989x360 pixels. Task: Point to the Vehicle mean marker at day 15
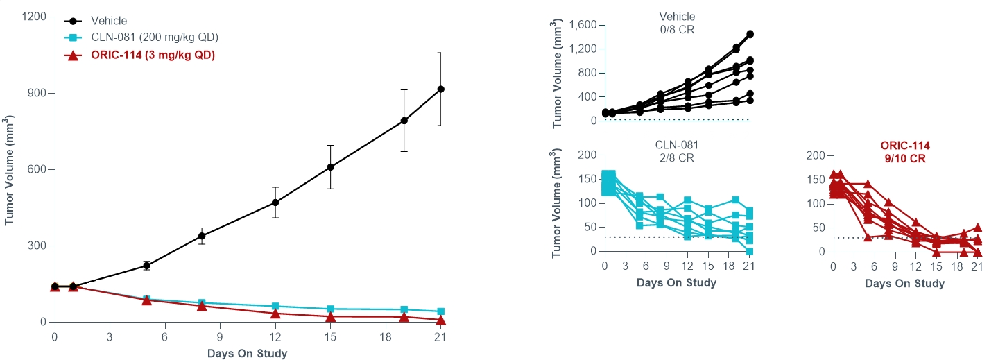(330, 167)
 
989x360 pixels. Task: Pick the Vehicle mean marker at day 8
(202, 236)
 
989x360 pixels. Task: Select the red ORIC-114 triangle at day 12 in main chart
(275, 313)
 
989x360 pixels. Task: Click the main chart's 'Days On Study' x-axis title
(247, 353)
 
